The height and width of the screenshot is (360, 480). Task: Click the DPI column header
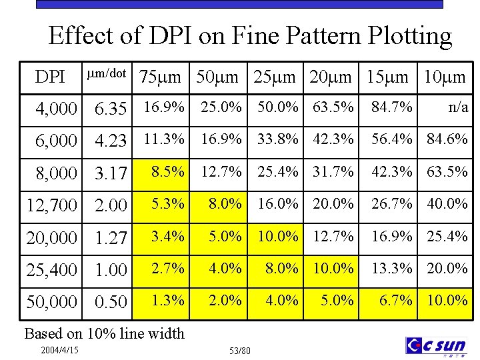pos(50,77)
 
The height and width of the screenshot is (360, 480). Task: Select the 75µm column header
pos(159,77)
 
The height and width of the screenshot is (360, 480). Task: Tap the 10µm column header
pos(445,77)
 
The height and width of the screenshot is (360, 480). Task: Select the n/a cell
pos(457,107)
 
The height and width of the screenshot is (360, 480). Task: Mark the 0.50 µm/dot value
pos(111,302)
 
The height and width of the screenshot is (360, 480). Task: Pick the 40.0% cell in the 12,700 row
pos(447,203)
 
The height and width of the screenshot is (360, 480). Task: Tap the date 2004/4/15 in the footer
pos(59,350)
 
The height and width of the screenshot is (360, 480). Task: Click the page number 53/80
pos(239,351)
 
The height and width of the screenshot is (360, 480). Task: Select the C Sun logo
pos(437,345)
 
